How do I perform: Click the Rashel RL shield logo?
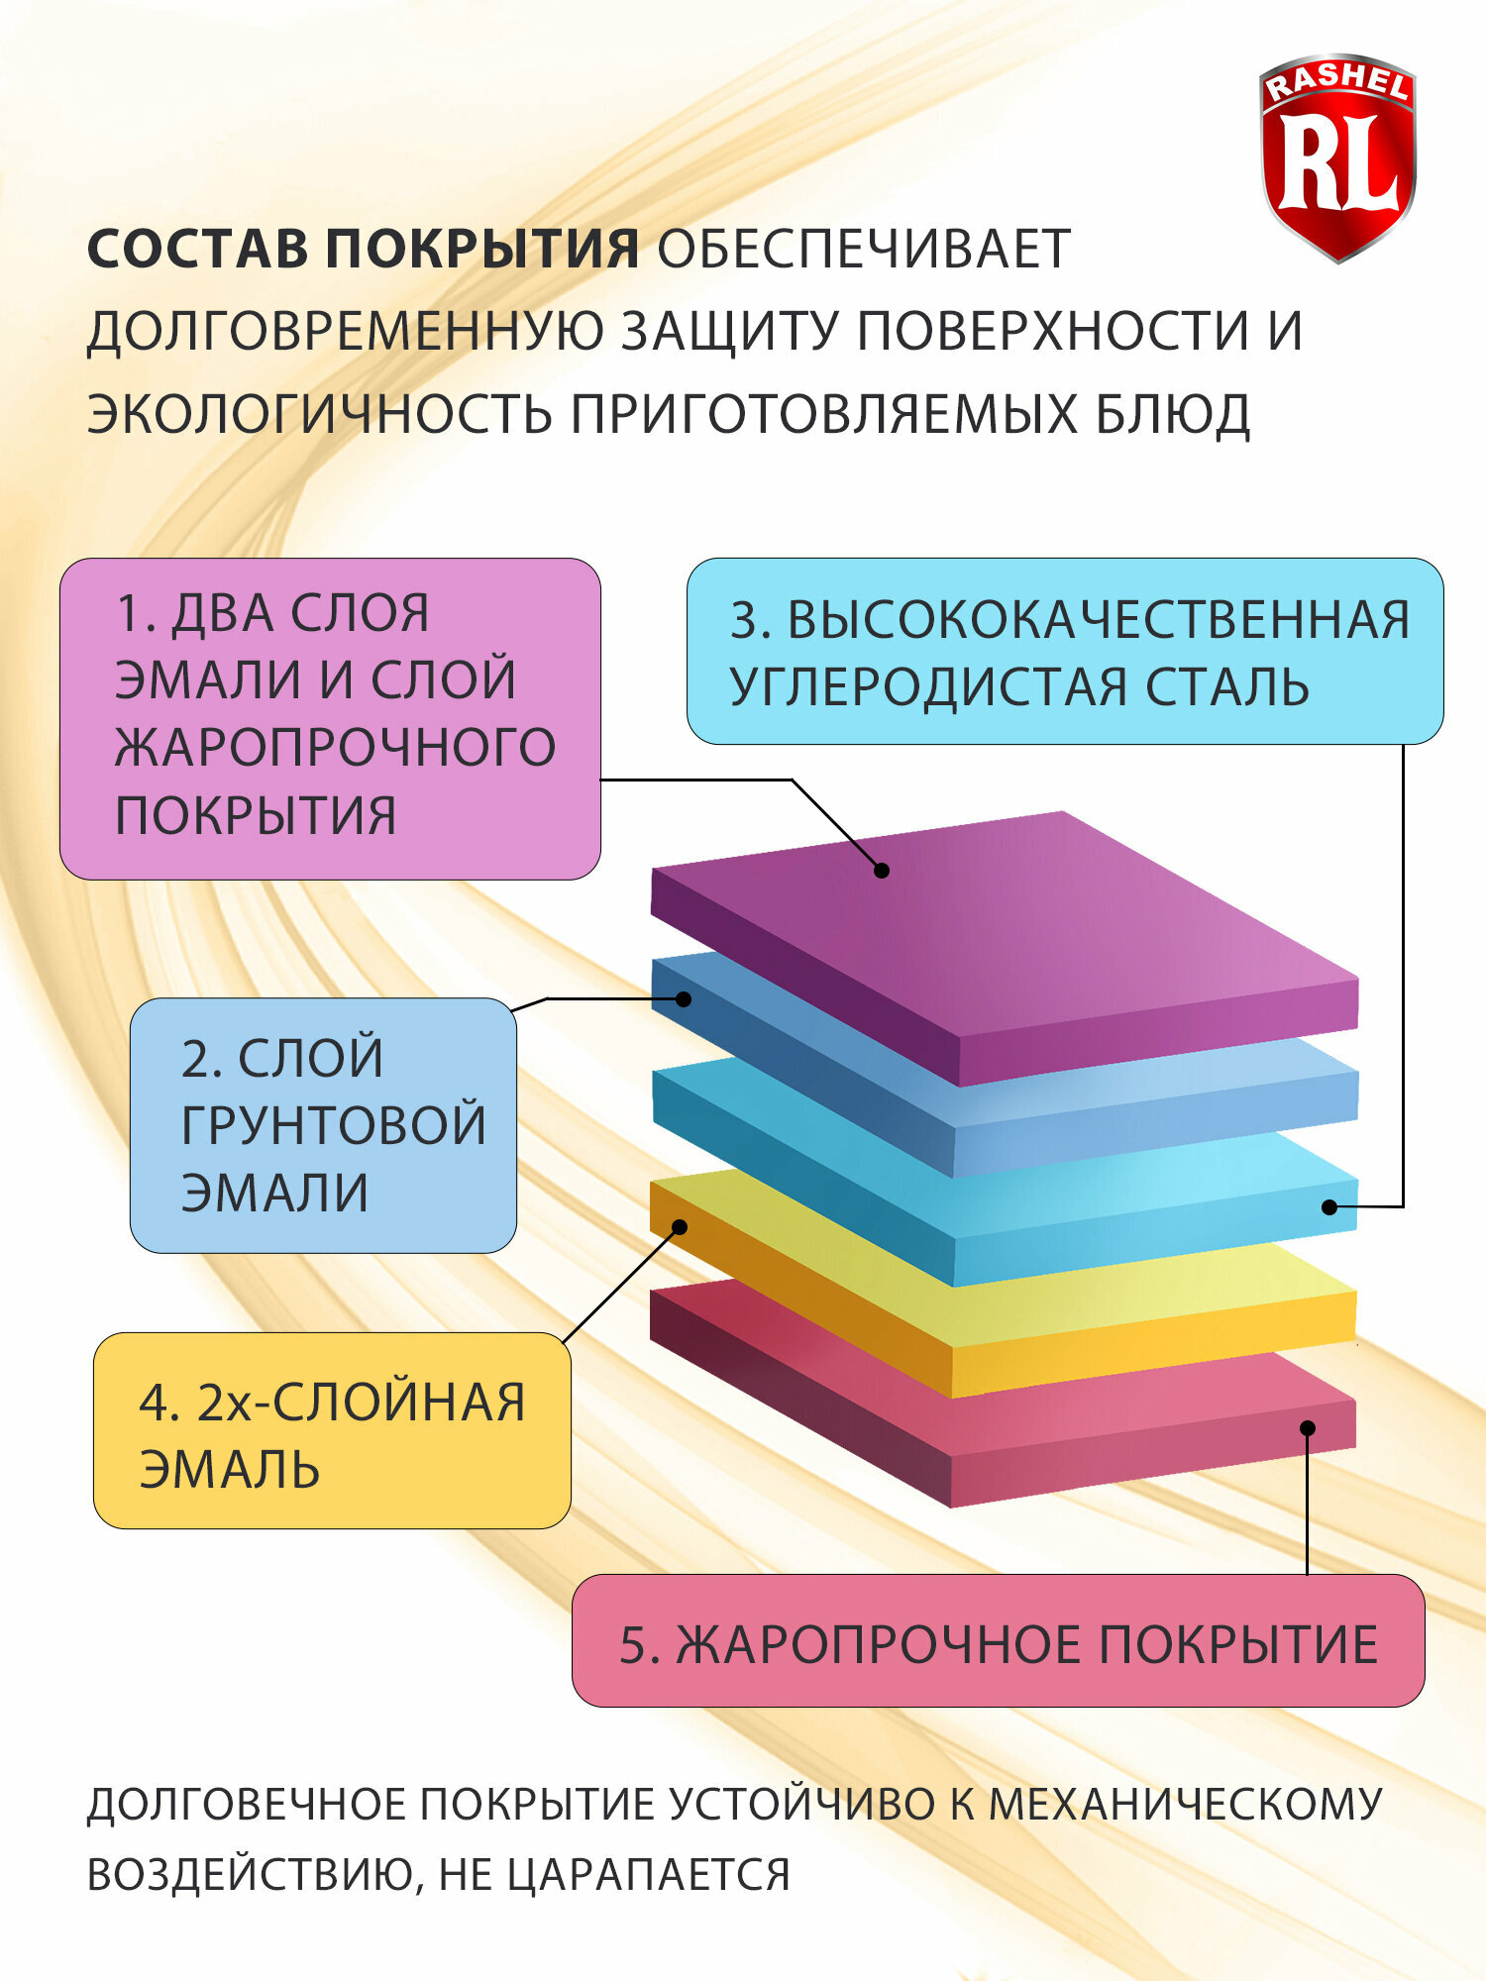1337,158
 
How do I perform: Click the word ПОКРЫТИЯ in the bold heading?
482,249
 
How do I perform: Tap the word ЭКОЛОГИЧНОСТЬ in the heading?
319,414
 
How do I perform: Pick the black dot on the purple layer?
882,871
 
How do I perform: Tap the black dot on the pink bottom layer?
1308,1428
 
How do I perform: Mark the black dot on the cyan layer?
1329,1207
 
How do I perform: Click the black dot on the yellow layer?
680,1227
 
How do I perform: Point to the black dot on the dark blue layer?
684,999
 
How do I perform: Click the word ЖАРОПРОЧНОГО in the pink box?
335,748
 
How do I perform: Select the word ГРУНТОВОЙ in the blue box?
334,1125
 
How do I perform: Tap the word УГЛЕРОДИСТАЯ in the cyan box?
929,687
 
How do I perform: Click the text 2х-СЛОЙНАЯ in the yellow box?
361,1403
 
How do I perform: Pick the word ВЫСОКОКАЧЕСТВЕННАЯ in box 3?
1098,621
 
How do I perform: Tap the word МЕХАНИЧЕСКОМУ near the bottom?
1184,1805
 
